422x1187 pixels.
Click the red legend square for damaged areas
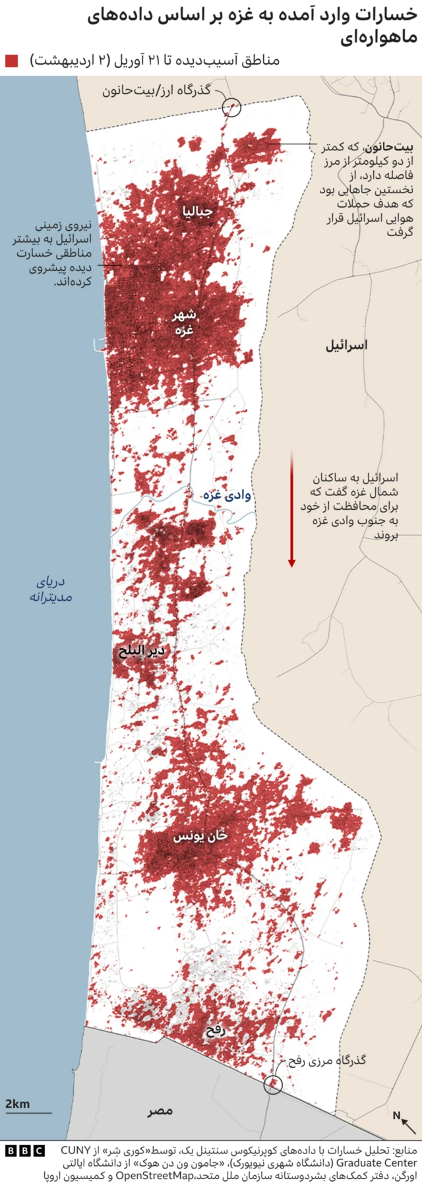[x=11, y=61]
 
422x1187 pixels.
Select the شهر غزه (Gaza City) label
[x=184, y=322]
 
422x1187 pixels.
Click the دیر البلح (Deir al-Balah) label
[x=141, y=652]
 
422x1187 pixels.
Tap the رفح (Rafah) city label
[x=216, y=1031]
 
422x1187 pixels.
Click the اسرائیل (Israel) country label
[x=346, y=345]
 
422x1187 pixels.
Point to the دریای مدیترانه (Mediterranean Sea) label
[x=51, y=590]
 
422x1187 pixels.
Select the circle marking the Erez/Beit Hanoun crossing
[x=231, y=106]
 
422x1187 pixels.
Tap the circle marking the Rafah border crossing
[x=273, y=1084]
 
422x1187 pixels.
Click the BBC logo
[x=24, y=1151]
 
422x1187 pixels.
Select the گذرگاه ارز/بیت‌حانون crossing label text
[x=156, y=90]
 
